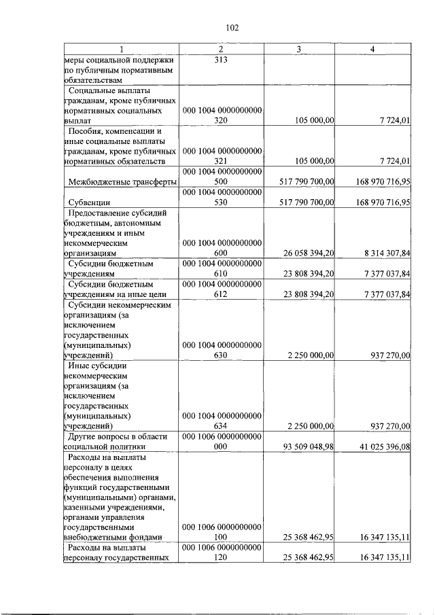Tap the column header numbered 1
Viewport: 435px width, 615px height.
pyautogui.click(x=121, y=50)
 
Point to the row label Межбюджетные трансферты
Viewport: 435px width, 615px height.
pyautogui.click(x=123, y=181)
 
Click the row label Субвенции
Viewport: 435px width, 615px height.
pyautogui.click(x=90, y=203)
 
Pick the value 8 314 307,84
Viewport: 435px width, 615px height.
pyautogui.click(x=382, y=253)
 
